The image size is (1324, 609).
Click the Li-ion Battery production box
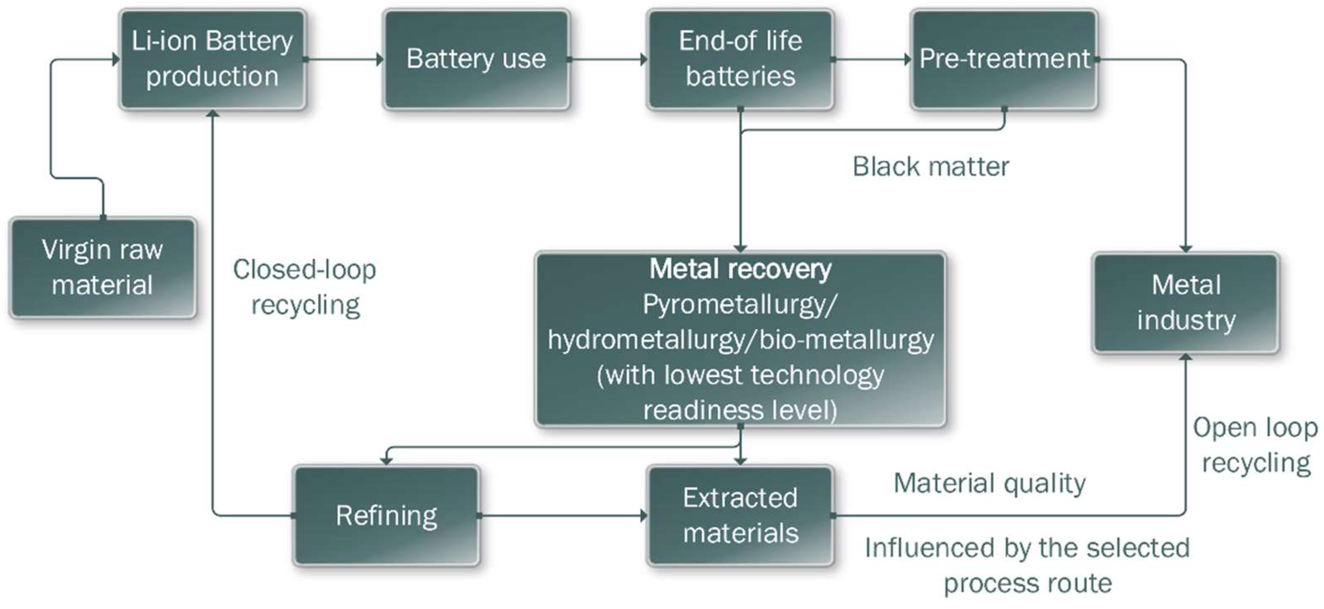pos(212,59)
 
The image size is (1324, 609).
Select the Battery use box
pos(476,59)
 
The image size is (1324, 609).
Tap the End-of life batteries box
pos(740,59)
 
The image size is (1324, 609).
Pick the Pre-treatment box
pos(1004,59)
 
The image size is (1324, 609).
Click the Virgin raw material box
pos(102,267)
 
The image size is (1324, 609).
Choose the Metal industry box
pos(1186,302)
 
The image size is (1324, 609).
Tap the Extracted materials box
pos(740,516)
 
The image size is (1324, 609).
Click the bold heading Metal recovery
pos(740,269)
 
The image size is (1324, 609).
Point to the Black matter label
pos(931,167)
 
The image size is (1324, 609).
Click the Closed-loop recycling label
pos(305,287)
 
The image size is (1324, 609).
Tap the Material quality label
pos(990,483)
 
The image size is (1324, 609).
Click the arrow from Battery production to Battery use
pos(344,59)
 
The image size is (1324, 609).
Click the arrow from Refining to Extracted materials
pos(563,516)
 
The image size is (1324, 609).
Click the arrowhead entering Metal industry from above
pos(1186,248)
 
